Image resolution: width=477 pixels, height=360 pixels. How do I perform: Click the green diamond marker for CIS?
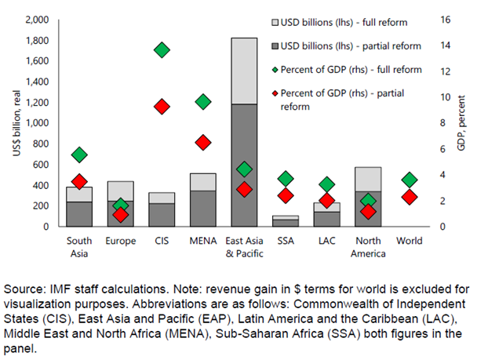(162, 50)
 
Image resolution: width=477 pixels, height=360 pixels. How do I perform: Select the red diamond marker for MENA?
(203, 143)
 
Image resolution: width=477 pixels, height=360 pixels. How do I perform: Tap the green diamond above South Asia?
(79, 155)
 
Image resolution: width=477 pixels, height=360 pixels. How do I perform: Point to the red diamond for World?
(409, 197)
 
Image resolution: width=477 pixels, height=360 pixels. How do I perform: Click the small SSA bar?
(286, 220)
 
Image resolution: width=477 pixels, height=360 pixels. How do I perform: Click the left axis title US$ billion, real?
(16, 122)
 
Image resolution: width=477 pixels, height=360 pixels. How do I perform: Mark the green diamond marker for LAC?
(326, 184)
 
